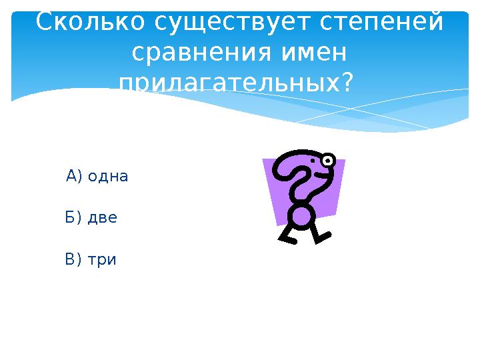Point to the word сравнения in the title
click(x=194, y=52)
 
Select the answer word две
click(x=103, y=217)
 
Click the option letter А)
click(x=74, y=177)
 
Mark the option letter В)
click(x=73, y=259)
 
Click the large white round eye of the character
click(x=327, y=160)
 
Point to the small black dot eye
click(x=313, y=161)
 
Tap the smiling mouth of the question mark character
click(x=321, y=176)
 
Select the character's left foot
click(x=287, y=238)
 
